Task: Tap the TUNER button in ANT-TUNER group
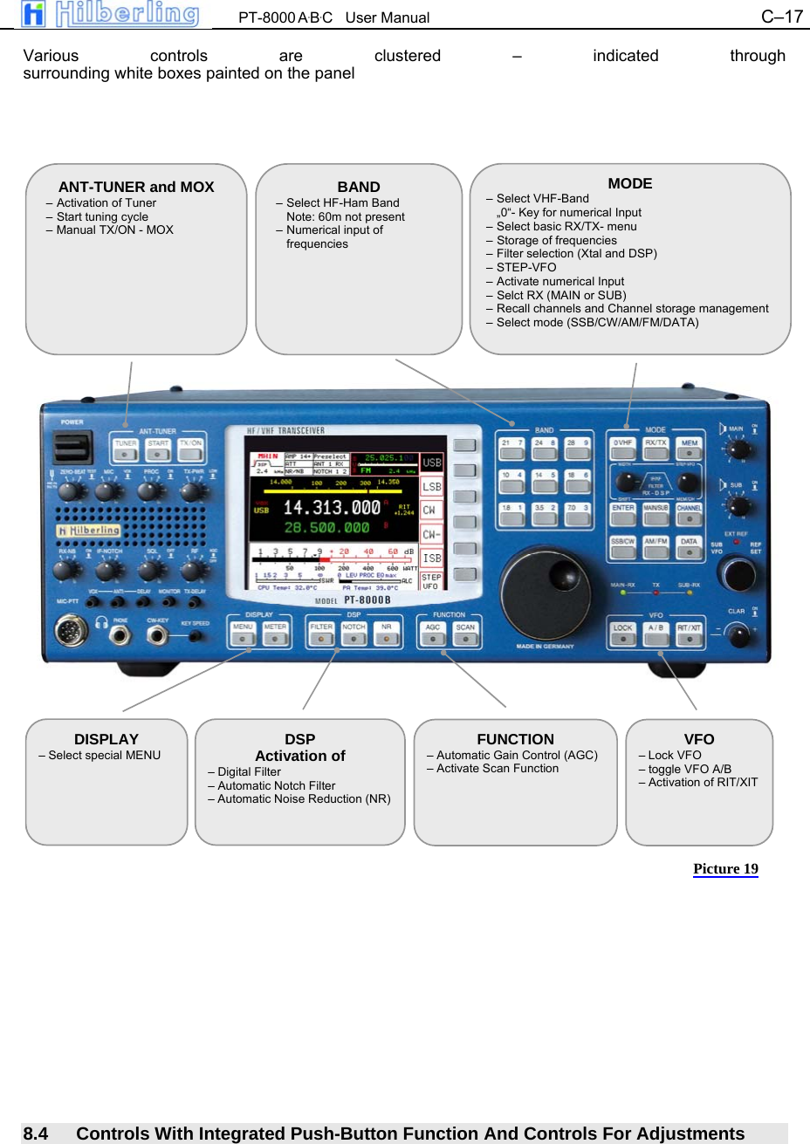click(x=126, y=449)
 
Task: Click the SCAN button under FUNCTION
click(x=465, y=633)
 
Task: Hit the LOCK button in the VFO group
click(x=622, y=634)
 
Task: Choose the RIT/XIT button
click(x=689, y=634)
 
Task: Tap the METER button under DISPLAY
click(x=275, y=633)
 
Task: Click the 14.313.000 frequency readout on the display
click(x=332, y=508)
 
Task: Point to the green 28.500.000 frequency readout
click(x=326, y=528)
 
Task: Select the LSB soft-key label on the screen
click(x=432, y=487)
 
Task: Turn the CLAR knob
click(x=738, y=634)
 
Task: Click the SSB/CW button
click(x=622, y=547)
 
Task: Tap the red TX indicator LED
click(x=656, y=593)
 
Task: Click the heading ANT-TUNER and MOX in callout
click(x=136, y=187)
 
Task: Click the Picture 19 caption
click(x=725, y=868)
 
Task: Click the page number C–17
click(x=781, y=17)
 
